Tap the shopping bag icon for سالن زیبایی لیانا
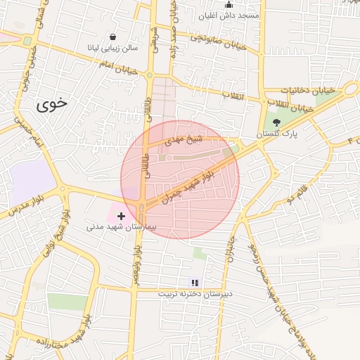pos(113,37)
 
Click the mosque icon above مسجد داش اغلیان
pos(228,5)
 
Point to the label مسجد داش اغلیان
pos(229,15)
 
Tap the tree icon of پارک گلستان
pos(276,122)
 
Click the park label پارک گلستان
pos(276,134)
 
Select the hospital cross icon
pos(122,216)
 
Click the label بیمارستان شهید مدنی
pos(116,227)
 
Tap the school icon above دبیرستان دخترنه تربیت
pos(195,283)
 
